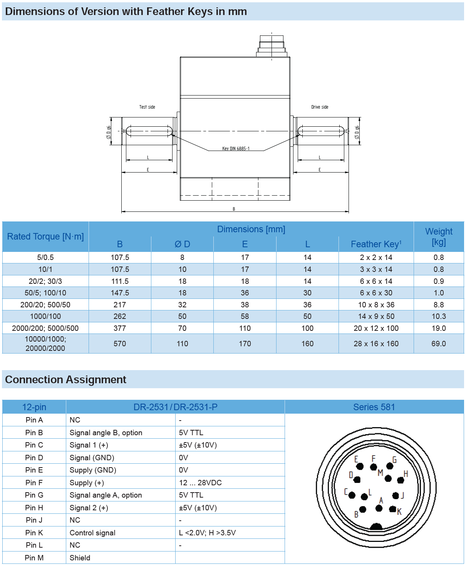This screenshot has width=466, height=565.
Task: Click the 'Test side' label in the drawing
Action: pyautogui.click(x=147, y=107)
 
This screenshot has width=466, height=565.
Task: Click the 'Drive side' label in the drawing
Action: pyautogui.click(x=320, y=107)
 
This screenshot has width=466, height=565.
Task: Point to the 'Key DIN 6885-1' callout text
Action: pyautogui.click(x=236, y=149)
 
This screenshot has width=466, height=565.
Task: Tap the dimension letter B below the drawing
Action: pyautogui.click(x=234, y=209)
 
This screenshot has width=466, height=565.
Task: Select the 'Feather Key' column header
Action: pyautogui.click(x=376, y=244)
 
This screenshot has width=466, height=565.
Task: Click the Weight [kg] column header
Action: pyautogui.click(x=439, y=236)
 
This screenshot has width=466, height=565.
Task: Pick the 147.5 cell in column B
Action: pyautogui.click(x=120, y=293)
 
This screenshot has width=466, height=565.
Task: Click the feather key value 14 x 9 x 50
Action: pyautogui.click(x=376, y=316)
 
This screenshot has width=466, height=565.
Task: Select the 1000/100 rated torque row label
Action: pyautogui.click(x=45, y=316)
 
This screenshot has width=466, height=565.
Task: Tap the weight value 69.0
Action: pyautogui.click(x=439, y=344)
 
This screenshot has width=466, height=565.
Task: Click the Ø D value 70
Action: pyautogui.click(x=182, y=328)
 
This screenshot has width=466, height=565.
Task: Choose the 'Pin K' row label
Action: pyautogui.click(x=34, y=533)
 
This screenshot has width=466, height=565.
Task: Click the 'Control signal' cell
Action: pyautogui.click(x=92, y=533)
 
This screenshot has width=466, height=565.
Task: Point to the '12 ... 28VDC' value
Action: pyautogui.click(x=200, y=483)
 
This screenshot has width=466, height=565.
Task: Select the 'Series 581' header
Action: pyautogui.click(x=374, y=407)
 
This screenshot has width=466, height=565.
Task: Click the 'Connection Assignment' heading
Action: pyautogui.click(x=65, y=380)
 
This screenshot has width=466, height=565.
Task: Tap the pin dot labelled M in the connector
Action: pyautogui.click(x=388, y=479)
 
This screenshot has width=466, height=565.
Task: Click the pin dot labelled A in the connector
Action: pyautogui.click(x=379, y=508)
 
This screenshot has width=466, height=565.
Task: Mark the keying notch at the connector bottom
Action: pyautogui.click(x=376, y=526)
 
